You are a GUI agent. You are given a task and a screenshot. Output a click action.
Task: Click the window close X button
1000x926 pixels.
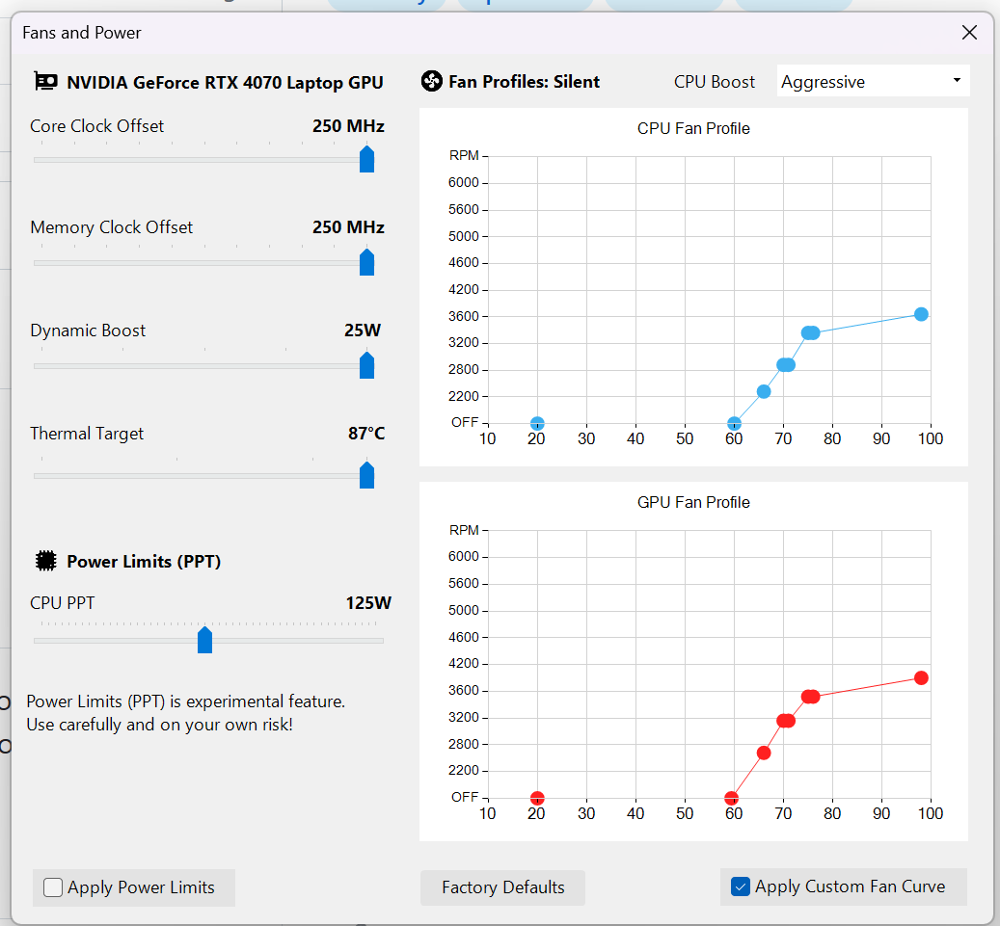click(x=969, y=33)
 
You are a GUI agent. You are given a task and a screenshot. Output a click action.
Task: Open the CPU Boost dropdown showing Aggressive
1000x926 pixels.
click(x=873, y=82)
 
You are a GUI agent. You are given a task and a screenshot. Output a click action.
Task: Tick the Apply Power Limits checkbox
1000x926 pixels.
click(x=54, y=887)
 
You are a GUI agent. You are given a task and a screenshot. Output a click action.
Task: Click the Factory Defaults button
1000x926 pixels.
click(x=502, y=887)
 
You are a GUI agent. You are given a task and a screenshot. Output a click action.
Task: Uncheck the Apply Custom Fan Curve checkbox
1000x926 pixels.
click(x=741, y=886)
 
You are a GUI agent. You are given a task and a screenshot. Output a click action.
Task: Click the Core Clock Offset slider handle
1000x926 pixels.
click(x=366, y=159)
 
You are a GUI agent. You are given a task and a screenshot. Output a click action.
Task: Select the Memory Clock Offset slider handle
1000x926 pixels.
click(x=366, y=262)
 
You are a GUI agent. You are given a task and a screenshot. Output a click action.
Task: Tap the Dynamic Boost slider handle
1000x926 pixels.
click(x=366, y=365)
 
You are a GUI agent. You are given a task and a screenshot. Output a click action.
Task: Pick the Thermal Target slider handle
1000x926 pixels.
click(x=366, y=475)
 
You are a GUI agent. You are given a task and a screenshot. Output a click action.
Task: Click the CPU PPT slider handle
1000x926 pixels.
click(x=204, y=640)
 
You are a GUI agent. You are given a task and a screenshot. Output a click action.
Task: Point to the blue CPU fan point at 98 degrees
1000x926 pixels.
click(x=921, y=314)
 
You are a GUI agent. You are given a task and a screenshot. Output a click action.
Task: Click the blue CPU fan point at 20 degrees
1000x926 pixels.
click(x=537, y=423)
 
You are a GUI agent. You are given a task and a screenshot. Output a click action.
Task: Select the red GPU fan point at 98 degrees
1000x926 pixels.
click(x=921, y=678)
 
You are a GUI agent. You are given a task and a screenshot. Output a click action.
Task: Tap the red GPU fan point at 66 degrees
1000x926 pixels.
click(x=764, y=753)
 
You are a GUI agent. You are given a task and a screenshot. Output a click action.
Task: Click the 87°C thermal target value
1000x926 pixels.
click(x=366, y=434)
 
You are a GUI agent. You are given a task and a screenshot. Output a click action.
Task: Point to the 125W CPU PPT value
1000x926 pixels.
click(x=368, y=603)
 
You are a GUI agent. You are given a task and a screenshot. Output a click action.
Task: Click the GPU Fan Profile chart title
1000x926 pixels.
click(x=693, y=502)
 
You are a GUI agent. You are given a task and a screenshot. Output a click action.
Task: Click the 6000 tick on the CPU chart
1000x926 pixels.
click(x=465, y=183)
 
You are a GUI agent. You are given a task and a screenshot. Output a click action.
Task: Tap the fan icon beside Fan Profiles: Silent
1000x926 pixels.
click(x=431, y=82)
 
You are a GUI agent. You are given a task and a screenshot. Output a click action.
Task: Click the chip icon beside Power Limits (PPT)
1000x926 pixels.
click(x=44, y=561)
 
